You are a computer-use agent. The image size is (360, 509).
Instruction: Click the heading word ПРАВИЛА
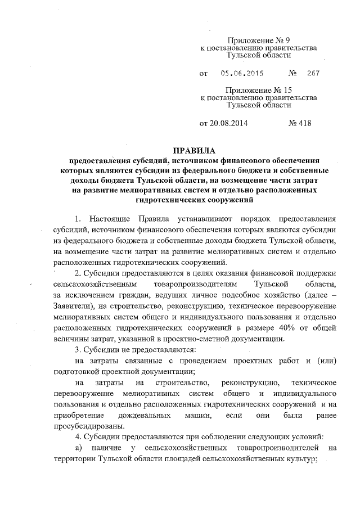[x=193, y=151]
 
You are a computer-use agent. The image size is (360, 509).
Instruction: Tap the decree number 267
[x=313, y=74]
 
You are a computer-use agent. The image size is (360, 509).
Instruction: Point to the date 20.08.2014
[x=223, y=121]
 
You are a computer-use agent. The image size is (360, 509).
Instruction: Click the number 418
[x=300, y=121]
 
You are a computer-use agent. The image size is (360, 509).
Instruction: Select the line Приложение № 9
[x=258, y=40]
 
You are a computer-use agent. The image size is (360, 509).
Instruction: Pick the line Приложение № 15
[x=258, y=89]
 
